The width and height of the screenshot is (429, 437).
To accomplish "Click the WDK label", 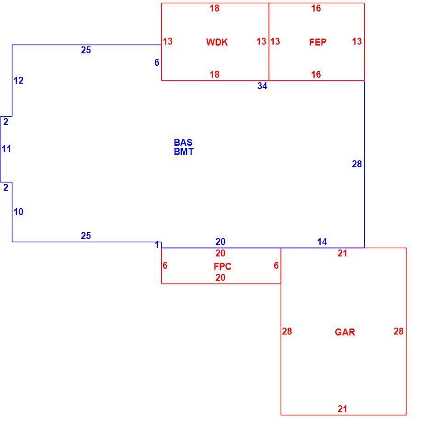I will (217, 42).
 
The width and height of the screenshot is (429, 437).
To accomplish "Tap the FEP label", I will (318, 42).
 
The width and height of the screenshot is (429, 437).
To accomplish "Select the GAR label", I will (345, 332).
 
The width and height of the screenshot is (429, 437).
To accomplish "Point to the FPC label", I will (222, 267).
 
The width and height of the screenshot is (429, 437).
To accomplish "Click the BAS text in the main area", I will (183, 142).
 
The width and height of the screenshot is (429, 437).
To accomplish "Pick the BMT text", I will (184, 152).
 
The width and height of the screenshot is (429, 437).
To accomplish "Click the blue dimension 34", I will (262, 86).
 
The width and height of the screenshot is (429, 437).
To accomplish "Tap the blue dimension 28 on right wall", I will (357, 164).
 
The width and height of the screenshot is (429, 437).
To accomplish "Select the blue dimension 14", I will (322, 242).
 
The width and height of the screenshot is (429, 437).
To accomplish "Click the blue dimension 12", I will (18, 81).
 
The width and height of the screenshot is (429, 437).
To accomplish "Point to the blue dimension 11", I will (6, 149).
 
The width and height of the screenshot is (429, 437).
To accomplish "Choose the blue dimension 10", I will (18, 212).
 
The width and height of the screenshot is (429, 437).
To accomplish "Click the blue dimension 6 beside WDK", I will (157, 62).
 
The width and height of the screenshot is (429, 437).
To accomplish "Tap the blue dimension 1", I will (157, 245).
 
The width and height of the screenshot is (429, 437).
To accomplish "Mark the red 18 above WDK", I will (214, 8).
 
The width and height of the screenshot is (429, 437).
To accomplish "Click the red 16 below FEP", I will (316, 74).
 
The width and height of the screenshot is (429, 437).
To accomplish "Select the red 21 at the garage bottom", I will (342, 409).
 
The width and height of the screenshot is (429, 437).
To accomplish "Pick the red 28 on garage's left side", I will (287, 331).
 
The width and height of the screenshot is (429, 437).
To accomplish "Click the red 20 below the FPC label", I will (220, 278).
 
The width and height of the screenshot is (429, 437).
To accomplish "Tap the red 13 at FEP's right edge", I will (357, 41).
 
